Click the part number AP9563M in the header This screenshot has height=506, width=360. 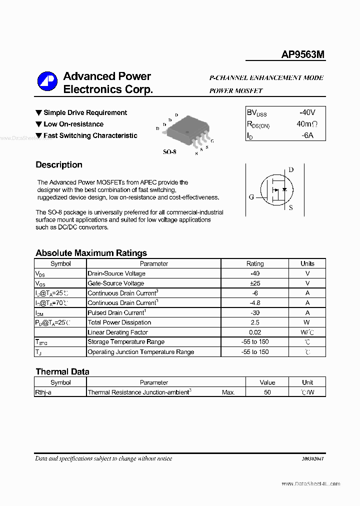click(x=303, y=55)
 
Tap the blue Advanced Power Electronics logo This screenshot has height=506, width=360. click(x=47, y=82)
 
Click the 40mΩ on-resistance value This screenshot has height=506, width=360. click(x=306, y=124)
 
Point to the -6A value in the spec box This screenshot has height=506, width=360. click(x=306, y=135)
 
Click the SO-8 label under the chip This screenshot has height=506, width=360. click(x=169, y=151)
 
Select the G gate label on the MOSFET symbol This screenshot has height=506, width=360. click(x=251, y=197)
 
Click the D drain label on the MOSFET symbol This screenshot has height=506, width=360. click(x=291, y=170)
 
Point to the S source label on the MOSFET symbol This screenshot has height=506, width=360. click(x=291, y=207)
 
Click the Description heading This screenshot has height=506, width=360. click(x=59, y=165)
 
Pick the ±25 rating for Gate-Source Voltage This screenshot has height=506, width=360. click(x=255, y=283)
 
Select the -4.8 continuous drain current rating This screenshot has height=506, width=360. click(x=255, y=303)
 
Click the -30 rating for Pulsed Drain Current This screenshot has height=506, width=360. click(x=255, y=312)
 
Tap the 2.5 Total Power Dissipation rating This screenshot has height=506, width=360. click(x=255, y=322)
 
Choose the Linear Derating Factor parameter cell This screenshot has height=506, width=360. click(x=117, y=332)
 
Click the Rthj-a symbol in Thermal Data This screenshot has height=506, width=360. click(x=43, y=392)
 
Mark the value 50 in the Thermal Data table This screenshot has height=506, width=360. click(x=267, y=392)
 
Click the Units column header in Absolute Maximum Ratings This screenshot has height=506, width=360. click(x=307, y=263)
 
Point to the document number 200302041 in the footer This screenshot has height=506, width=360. click(x=312, y=459)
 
